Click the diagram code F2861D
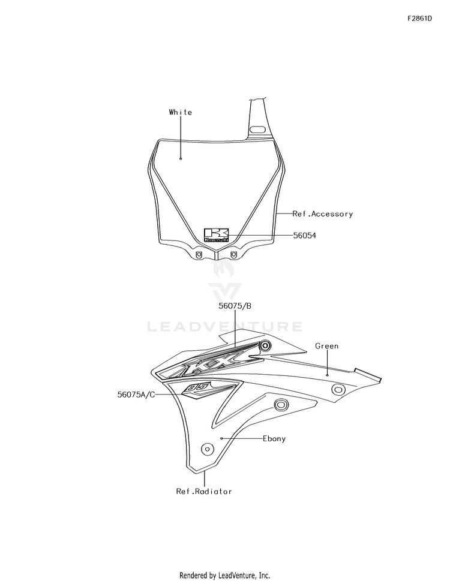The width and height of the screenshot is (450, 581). point(419,19)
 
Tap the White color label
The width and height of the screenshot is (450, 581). point(181,112)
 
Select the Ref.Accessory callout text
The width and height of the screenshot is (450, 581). point(322,214)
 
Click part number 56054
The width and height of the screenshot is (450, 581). point(305,235)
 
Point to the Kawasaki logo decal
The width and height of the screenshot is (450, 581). point(217,235)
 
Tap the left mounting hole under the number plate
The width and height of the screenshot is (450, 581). point(199,255)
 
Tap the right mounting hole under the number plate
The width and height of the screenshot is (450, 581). point(233,255)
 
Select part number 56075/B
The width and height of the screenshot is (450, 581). point(235,306)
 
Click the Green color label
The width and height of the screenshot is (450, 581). point(326,346)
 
